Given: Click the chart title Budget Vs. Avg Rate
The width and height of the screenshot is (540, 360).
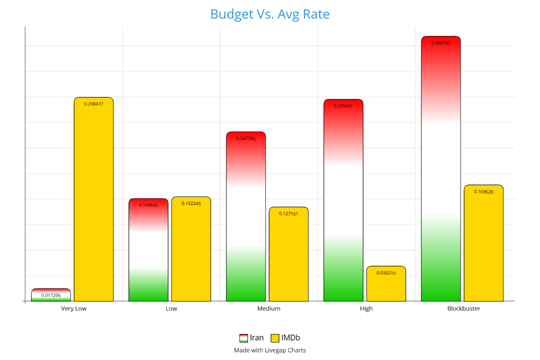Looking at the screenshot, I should coord(269,14).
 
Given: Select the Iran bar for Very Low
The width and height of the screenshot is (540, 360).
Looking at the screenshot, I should coord(51,295).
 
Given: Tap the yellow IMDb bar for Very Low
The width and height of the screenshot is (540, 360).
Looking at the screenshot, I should coord(93,200).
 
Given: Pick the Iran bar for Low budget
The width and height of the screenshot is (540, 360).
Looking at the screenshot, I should coord(148,250).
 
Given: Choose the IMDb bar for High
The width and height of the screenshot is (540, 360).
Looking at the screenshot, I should coord(386,284).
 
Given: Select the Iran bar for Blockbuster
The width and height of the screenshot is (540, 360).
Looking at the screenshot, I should coord(440,170).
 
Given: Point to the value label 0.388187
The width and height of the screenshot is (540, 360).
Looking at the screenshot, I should coord(440,43).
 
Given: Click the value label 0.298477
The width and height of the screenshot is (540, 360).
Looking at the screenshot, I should coord(93,104).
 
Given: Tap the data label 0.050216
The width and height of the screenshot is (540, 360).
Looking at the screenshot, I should coord(386,273).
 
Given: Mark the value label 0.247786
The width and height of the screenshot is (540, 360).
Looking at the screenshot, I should coord(245,138).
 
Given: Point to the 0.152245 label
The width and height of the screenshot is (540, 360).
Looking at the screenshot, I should coord(191,203).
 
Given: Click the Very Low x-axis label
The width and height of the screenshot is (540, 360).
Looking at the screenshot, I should coord(74,308).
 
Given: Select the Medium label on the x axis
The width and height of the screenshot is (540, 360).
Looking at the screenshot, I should coord(269,308).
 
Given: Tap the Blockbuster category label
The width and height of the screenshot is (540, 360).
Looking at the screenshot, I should coord(463,308).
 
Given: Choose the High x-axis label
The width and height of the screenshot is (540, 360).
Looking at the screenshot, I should coord(366,308).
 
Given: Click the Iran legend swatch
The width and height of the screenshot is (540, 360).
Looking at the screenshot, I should coord(244,338).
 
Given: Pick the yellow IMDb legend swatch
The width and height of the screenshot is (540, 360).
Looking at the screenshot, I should coord(275,338).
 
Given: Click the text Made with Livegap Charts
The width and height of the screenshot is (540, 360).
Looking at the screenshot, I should coord(269,350).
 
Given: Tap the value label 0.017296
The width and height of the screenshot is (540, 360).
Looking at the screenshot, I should coord(51,295).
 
